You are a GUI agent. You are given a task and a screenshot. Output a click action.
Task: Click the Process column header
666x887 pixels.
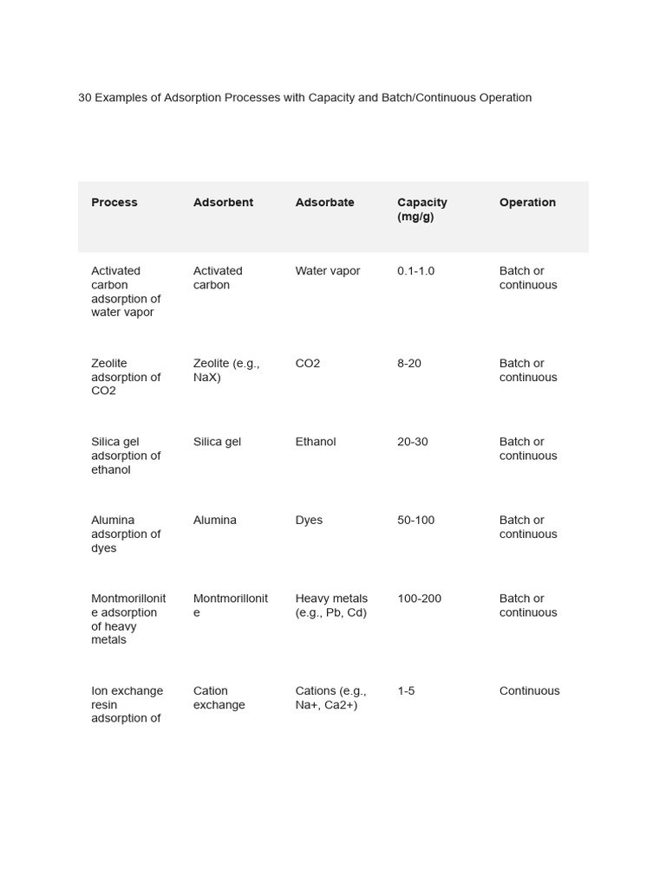(114, 203)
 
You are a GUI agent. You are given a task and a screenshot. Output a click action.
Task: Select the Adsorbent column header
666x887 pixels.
(223, 203)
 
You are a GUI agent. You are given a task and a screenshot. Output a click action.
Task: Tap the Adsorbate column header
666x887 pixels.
(324, 203)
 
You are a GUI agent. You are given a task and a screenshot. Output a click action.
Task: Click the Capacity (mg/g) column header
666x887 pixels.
(422, 210)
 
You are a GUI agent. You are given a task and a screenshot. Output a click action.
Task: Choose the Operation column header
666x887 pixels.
(527, 203)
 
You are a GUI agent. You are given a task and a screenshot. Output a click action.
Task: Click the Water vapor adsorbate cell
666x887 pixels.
(327, 271)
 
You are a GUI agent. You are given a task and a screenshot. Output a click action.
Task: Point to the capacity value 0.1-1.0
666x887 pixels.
(416, 271)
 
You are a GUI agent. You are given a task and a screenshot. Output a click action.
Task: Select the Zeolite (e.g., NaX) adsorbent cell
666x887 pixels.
(226, 370)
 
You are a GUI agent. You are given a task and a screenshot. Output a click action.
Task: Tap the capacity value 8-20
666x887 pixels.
(409, 364)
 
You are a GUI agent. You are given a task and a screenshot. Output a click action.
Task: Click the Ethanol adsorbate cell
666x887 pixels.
(316, 442)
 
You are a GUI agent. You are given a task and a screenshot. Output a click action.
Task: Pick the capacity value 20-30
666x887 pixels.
(413, 442)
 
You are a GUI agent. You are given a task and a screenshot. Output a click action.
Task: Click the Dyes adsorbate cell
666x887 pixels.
(309, 521)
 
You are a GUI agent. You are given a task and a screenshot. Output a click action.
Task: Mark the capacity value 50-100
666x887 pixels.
(416, 521)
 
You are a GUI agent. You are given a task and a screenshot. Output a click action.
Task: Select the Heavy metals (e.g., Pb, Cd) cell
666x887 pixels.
(331, 605)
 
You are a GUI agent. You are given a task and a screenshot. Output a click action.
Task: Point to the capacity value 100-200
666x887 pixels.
(420, 599)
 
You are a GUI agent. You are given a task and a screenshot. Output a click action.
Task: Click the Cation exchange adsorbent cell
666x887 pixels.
(219, 698)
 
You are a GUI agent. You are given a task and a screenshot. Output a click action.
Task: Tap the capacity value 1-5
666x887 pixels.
(406, 691)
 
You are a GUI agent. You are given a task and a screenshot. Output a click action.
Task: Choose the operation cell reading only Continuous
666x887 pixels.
(530, 691)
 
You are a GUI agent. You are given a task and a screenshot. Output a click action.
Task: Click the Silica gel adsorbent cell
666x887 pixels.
(217, 442)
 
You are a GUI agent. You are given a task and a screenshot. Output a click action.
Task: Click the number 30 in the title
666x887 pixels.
(85, 98)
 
